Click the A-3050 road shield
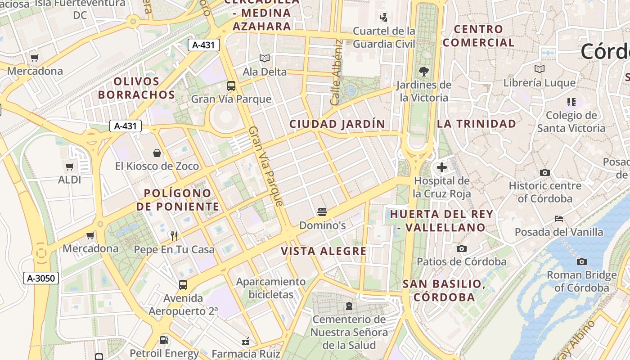tap(41, 279)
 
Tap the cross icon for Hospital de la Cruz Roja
tap(442, 167)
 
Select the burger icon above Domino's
tap(322, 211)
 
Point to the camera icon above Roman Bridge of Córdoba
tap(581, 261)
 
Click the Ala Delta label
tap(265, 72)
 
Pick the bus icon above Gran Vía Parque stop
tap(231, 85)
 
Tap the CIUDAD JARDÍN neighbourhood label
tap(337, 124)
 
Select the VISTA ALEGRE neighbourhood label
tap(324, 251)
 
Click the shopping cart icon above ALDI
tap(70, 167)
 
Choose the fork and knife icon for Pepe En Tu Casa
tap(174, 236)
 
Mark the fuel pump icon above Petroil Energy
tap(164, 340)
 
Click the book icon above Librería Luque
tap(539, 69)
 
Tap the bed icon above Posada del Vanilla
tap(559, 219)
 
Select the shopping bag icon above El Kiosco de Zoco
tap(157, 153)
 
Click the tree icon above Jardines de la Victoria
tap(423, 71)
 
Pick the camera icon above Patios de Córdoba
tap(461, 248)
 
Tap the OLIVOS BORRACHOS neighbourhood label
tap(136, 88)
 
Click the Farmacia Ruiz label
tap(246, 354)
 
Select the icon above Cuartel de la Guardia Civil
tap(383, 18)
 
